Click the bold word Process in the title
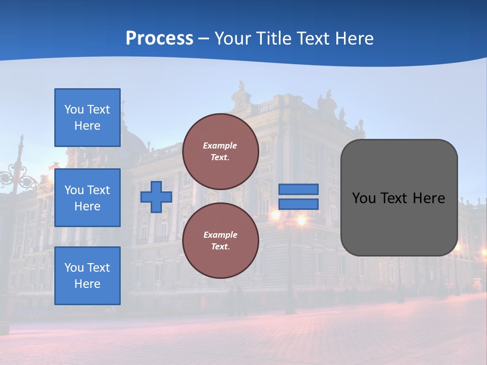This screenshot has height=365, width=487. pos(159,39)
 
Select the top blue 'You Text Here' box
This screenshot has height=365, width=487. pos(87,118)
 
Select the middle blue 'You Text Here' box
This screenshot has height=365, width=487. pos(87,198)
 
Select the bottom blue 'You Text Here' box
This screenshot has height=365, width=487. pos(87,276)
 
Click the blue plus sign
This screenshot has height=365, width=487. pos(156,197)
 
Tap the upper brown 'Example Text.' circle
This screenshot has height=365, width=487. pos(220,152)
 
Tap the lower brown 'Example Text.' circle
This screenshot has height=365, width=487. pos(220,241)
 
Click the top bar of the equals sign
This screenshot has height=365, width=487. pos(299,189)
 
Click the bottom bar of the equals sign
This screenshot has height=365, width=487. pos(299,204)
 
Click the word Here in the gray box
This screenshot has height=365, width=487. pos(429,198)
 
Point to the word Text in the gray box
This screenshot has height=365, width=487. pos(394,198)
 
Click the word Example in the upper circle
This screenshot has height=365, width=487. pos(220,146)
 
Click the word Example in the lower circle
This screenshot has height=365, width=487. pos(220,235)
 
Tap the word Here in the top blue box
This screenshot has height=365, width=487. pos(87,126)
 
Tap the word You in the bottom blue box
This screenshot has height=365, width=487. pos(74,268)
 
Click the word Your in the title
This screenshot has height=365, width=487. pos(232,39)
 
